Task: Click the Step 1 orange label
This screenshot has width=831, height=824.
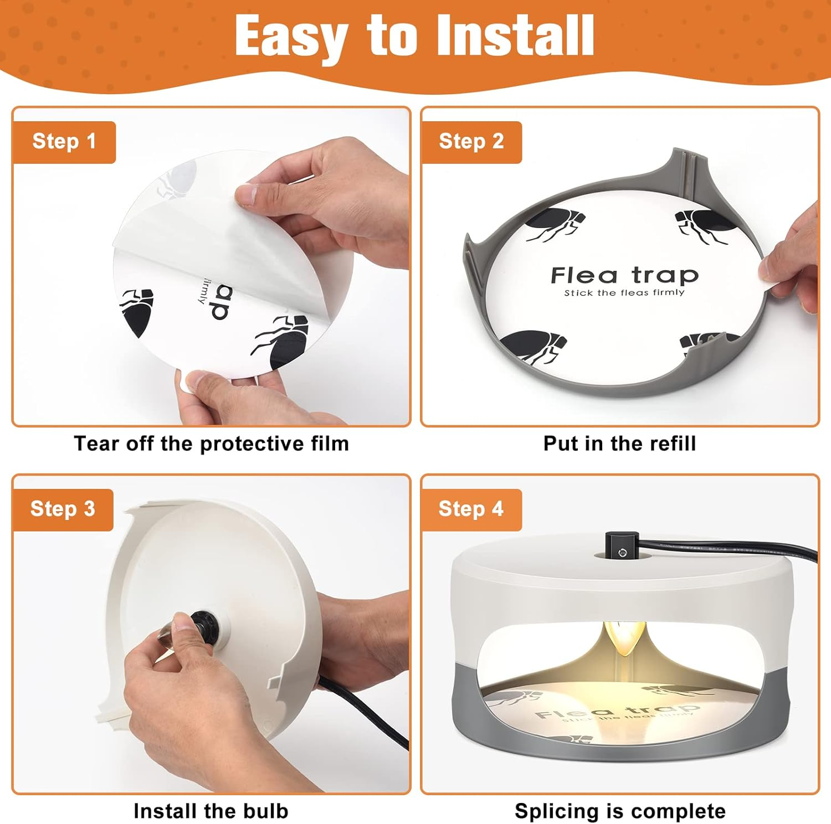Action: click(64, 142)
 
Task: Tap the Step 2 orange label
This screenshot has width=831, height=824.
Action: click(471, 142)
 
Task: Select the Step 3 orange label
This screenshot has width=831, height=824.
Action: click(63, 509)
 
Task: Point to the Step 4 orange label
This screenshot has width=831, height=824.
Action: click(471, 509)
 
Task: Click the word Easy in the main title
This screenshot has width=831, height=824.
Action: click(294, 37)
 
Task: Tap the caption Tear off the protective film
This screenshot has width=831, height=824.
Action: click(211, 444)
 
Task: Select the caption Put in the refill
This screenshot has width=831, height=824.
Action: click(619, 444)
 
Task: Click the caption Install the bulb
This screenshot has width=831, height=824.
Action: click(211, 811)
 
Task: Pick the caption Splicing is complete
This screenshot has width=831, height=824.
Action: click(620, 811)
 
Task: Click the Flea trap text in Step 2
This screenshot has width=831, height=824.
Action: click(624, 275)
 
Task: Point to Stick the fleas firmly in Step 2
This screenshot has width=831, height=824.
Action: click(624, 292)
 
